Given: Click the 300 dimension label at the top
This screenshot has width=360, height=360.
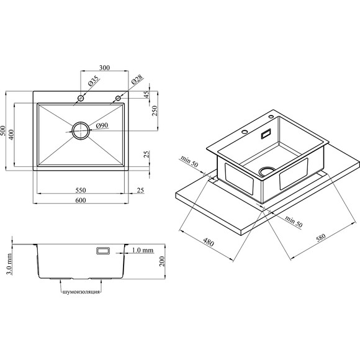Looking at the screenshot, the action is [x=104, y=68].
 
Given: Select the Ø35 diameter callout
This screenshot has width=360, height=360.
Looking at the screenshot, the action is [x=94, y=81].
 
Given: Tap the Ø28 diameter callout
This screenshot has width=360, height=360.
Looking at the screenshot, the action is [x=137, y=79].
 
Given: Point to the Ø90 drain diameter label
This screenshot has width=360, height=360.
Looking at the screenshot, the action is [x=102, y=125].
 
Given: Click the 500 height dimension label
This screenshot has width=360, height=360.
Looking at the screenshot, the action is [x=3, y=130].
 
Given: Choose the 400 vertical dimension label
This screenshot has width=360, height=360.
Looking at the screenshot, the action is [x=11, y=135].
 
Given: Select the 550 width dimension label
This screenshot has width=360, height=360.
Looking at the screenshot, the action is [x=81, y=190].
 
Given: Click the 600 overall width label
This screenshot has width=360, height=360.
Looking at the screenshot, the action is [x=81, y=200].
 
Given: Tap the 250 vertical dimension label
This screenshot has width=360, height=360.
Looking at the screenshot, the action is [x=155, y=110].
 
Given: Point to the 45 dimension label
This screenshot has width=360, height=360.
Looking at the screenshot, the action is [x=146, y=94].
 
